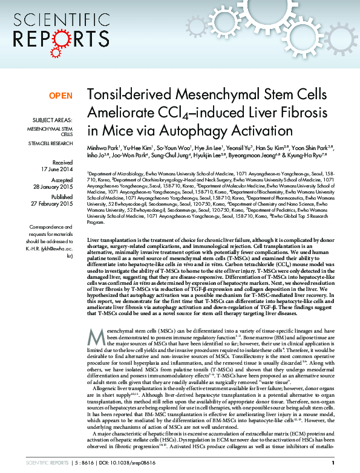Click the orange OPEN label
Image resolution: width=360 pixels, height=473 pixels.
click(61, 96)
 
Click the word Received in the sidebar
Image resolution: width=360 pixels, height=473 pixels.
click(62, 162)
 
